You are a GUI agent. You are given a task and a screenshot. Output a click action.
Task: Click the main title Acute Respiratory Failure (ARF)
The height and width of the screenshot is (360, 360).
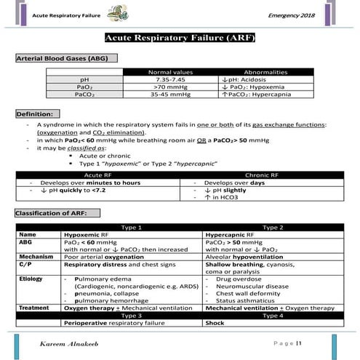[180, 38]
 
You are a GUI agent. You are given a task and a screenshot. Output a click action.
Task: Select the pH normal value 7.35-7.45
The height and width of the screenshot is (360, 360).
[169, 79]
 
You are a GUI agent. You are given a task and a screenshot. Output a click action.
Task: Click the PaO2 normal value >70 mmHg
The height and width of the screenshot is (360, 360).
[169, 87]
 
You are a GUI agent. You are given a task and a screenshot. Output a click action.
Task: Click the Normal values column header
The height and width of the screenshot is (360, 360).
[169, 72]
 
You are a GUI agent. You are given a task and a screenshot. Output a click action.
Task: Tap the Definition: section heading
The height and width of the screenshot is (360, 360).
[36, 114]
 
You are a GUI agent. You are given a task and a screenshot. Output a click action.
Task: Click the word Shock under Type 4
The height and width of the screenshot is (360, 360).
[215, 321]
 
